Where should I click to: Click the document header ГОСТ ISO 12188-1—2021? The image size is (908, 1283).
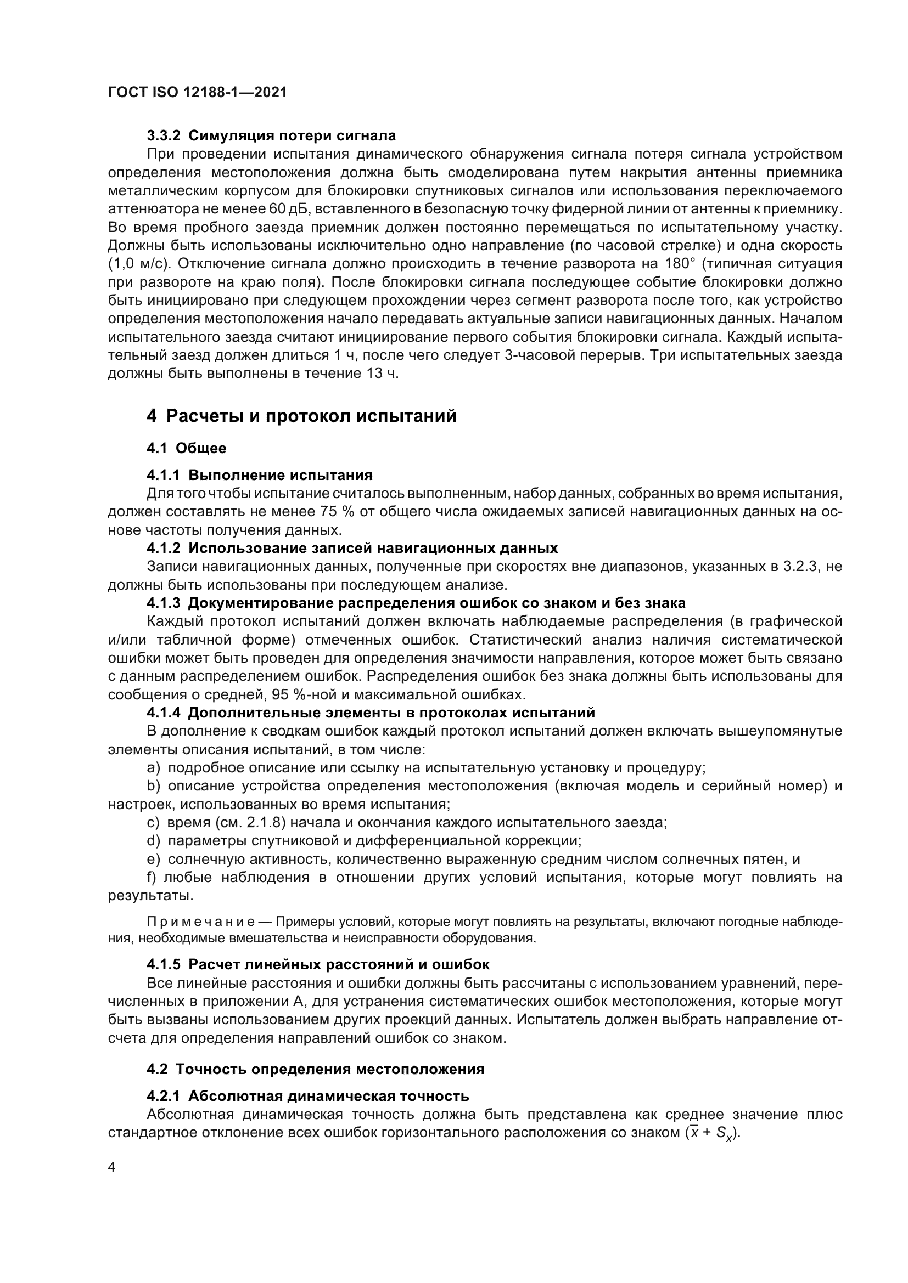198,93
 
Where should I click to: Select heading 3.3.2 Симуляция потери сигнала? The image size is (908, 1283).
271,136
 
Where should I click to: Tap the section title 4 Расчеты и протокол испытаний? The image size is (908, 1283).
301,416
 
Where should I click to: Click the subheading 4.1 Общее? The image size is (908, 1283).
187,448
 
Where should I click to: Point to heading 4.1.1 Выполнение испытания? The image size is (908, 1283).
260,476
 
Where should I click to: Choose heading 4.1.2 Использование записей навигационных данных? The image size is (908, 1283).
352,548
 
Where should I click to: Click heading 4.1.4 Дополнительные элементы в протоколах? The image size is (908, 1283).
371,713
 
